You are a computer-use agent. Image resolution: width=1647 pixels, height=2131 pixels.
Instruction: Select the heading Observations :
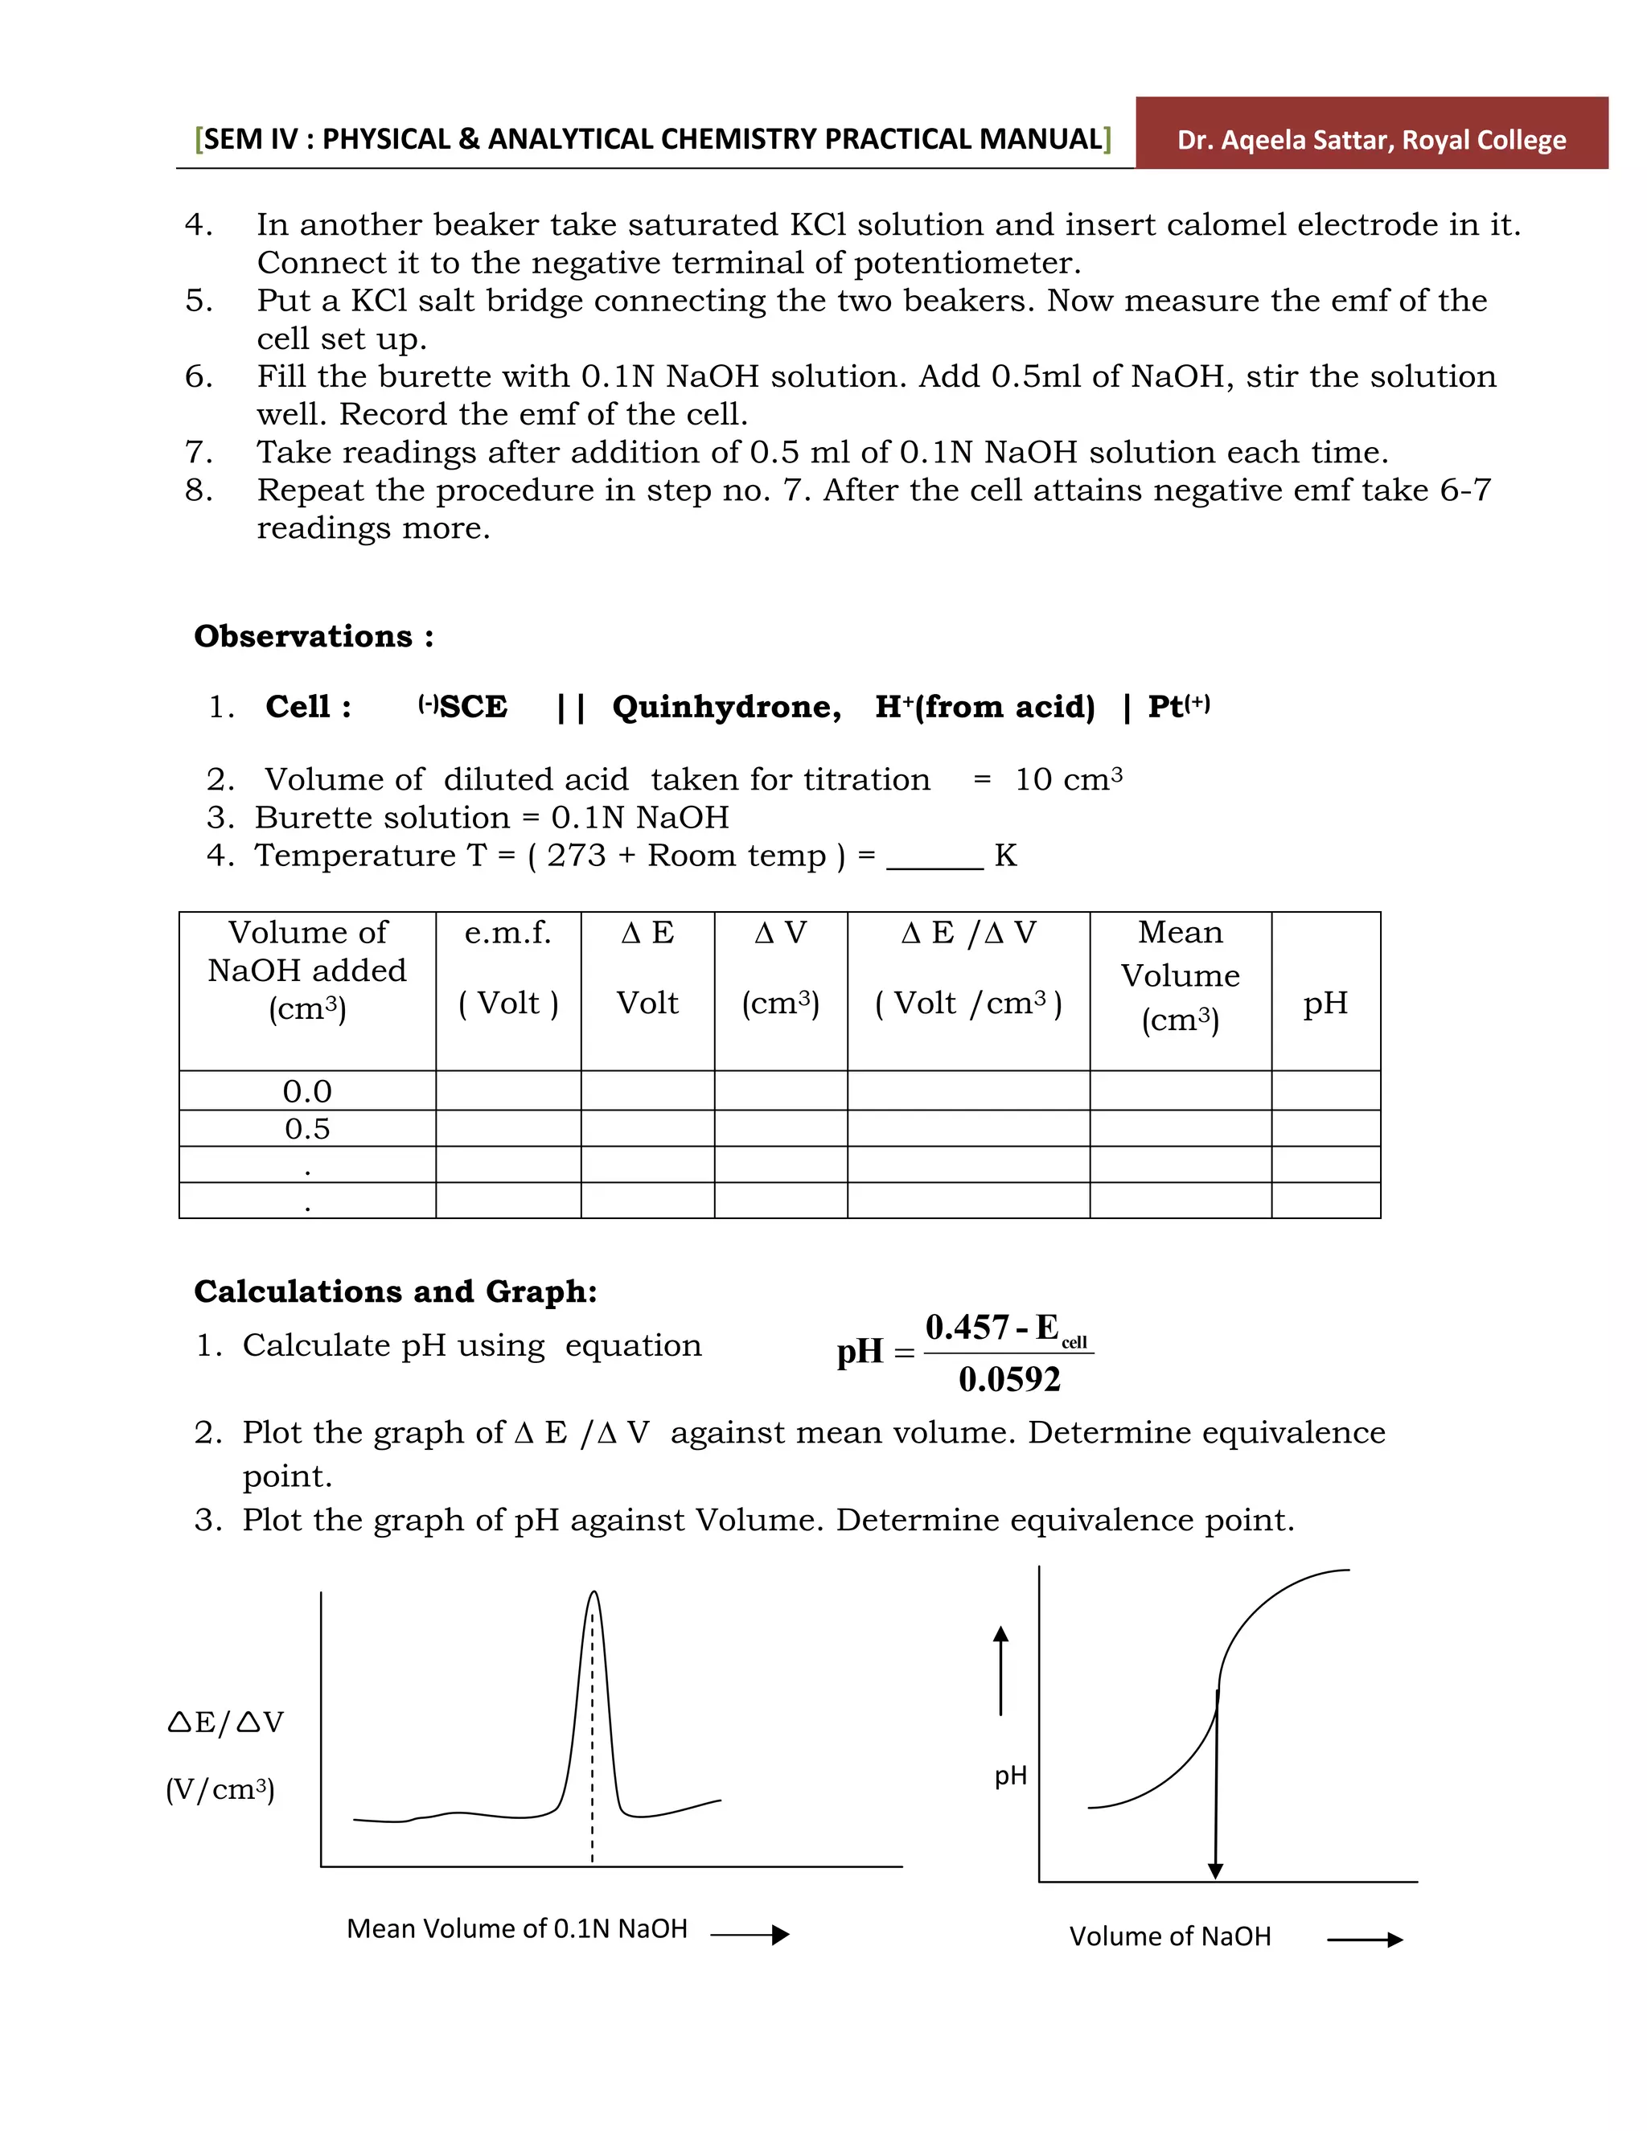pos(313,636)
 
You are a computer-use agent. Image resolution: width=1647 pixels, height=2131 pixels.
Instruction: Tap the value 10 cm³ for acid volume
pos(1067,779)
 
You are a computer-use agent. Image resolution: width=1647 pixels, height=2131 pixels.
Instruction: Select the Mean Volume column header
pos(1180,975)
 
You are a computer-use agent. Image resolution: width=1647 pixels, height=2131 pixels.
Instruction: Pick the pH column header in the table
pos(1325,1002)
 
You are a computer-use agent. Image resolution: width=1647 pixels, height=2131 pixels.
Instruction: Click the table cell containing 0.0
pos(307,1091)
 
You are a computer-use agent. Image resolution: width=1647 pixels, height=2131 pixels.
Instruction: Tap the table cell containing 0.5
pos(307,1129)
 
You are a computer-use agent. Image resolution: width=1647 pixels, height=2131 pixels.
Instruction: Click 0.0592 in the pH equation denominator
pos(1009,1378)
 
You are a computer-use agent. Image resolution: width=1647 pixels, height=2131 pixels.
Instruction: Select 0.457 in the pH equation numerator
pos(966,1328)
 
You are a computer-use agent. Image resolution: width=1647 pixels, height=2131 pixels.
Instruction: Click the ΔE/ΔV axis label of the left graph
pos(225,1722)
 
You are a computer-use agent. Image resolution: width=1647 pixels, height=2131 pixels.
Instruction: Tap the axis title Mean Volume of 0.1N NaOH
pos(516,1929)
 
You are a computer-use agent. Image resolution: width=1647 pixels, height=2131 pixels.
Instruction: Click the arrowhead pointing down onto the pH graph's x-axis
pos(1215,1870)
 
